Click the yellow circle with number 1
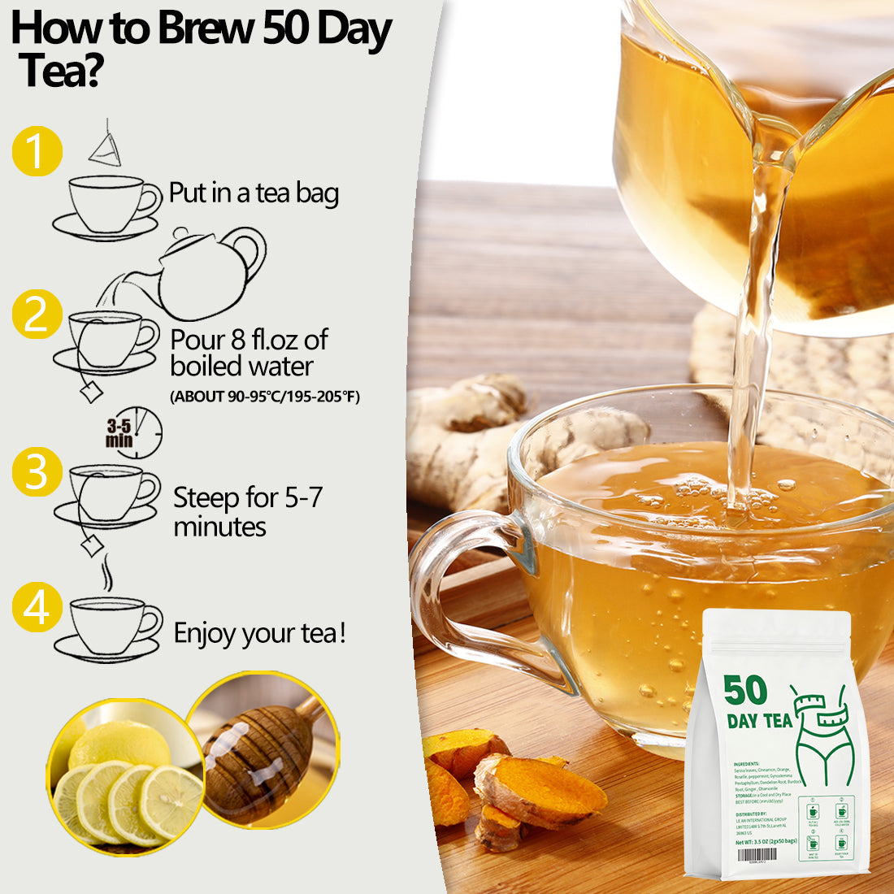tap(37, 151)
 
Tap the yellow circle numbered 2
tap(37, 314)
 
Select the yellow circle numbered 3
tap(37, 471)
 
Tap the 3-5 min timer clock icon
tap(135, 433)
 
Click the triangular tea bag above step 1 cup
tap(106, 146)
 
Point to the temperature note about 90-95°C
tap(265, 397)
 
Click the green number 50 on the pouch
tap(745, 690)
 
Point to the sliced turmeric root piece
tap(540, 792)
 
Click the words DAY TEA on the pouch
tap(759, 721)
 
